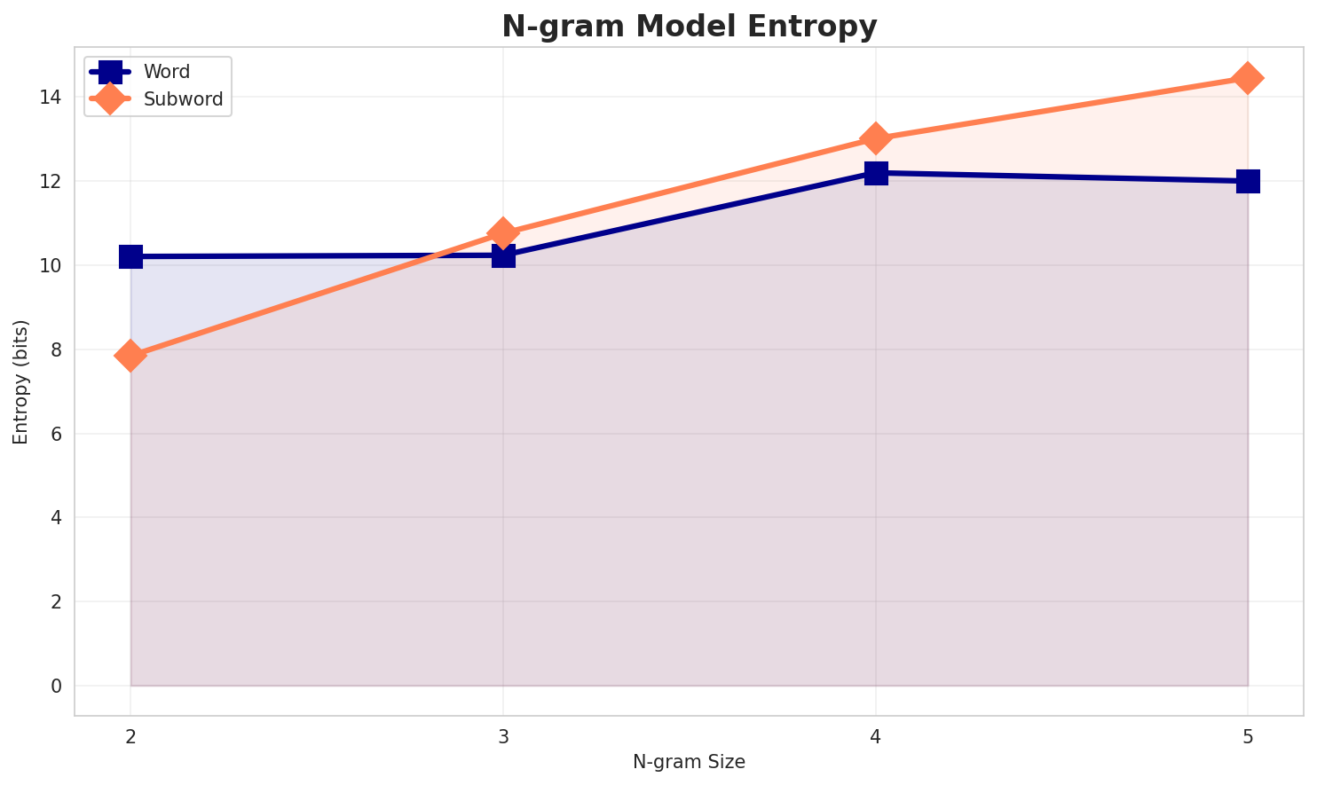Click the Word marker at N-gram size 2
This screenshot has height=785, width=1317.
tap(130, 256)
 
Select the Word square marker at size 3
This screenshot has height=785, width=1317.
tap(503, 255)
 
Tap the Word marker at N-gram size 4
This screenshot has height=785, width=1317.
tap(876, 173)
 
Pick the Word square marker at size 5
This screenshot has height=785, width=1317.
tap(1248, 181)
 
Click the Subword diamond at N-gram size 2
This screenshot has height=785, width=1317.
tap(130, 356)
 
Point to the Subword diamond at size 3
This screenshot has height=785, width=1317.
tap(503, 233)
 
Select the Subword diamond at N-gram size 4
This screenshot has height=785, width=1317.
tap(876, 138)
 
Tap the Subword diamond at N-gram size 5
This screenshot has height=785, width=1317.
tap(1248, 78)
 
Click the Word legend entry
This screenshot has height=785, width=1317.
tap(167, 72)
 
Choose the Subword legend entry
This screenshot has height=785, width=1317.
tap(183, 99)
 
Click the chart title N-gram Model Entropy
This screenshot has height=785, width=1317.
tap(689, 26)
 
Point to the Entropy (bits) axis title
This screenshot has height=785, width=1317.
tap(20, 381)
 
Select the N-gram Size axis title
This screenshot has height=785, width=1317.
tap(689, 761)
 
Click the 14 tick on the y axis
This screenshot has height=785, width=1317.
tap(55, 97)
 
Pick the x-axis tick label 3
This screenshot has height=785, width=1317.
tap(503, 736)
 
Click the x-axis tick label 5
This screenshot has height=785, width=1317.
tap(1248, 736)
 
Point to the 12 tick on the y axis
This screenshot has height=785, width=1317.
tap(55, 181)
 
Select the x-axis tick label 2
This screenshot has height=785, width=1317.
tap(130, 736)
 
